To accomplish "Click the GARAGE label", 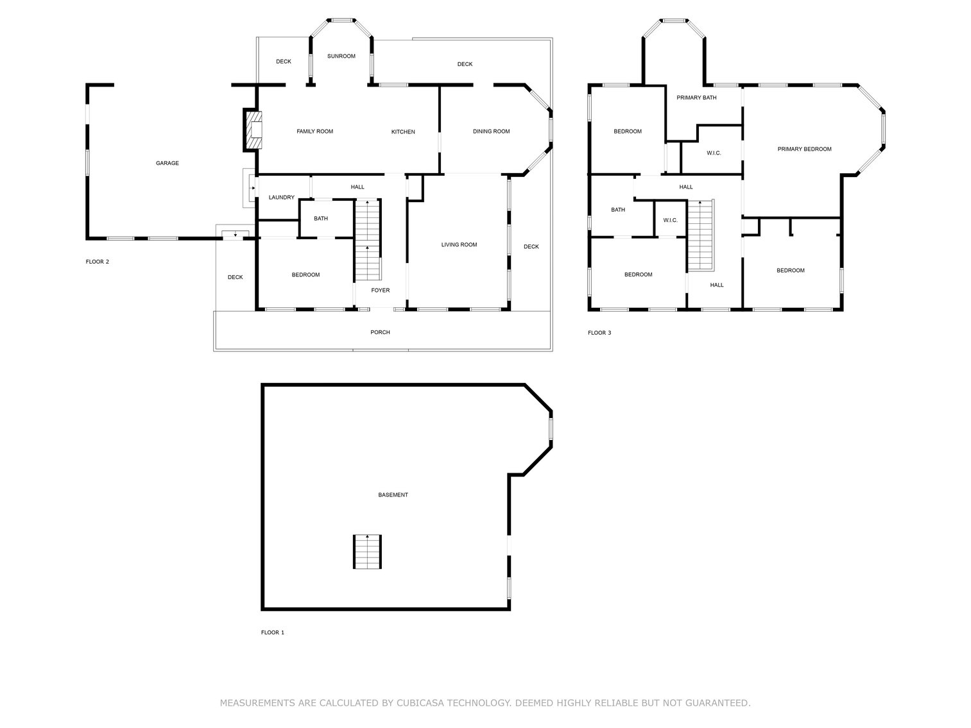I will point(167,163).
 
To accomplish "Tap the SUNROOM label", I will point(341,56).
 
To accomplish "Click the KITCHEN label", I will point(403,131).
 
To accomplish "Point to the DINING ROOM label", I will point(491,131).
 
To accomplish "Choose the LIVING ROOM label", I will point(459,244).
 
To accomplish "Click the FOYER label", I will point(380,290).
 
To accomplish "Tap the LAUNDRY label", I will point(281,197).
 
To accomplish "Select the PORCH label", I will point(380,332).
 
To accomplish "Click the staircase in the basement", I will point(367,551).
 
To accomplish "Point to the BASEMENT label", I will point(393,495).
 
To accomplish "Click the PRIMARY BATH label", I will point(696,97).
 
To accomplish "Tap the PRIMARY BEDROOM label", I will point(804,149).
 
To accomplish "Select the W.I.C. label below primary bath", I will point(714,153).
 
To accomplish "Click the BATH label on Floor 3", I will point(617,210).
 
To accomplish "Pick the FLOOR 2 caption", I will point(98,261).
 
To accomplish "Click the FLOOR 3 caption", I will point(599,332).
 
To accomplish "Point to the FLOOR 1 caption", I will point(272,632).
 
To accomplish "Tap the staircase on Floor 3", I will point(700,236).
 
